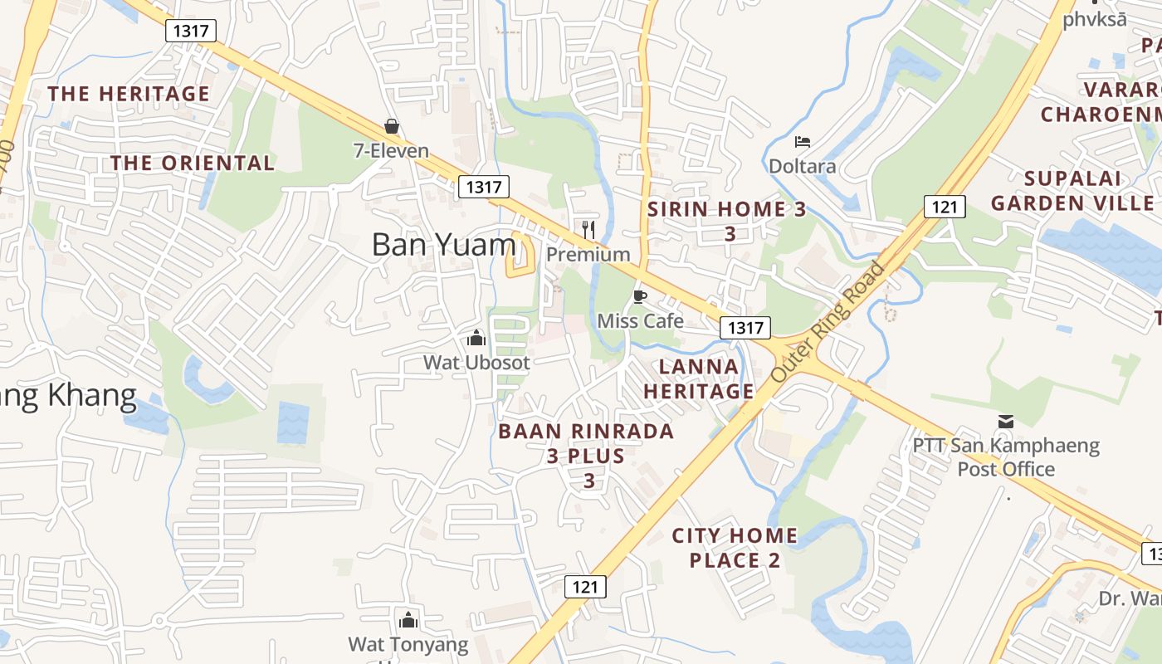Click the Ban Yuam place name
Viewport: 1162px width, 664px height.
[x=443, y=245]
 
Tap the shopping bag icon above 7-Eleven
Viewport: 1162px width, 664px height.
[x=392, y=127]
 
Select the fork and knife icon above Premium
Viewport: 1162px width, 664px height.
[x=588, y=229]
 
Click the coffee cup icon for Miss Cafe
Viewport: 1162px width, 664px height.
[x=639, y=296]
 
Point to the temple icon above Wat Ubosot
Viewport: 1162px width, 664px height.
[x=476, y=338]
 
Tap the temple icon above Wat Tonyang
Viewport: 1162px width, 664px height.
[x=408, y=620]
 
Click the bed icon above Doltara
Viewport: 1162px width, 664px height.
[x=802, y=143]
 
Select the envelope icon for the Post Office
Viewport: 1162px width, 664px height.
[x=1006, y=422]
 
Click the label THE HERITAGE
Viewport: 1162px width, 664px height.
[x=129, y=94]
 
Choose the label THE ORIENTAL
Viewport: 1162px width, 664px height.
[x=193, y=163]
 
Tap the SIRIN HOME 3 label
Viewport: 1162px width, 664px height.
[x=727, y=209]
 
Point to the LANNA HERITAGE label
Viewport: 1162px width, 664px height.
[x=699, y=378]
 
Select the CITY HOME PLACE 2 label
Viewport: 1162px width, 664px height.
[x=735, y=548]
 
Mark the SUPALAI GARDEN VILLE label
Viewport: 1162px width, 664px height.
[x=1072, y=191]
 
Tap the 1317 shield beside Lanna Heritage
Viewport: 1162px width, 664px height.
[x=745, y=328]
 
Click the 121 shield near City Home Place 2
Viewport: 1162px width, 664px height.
[x=585, y=587]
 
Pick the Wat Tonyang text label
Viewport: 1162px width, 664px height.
[x=408, y=644]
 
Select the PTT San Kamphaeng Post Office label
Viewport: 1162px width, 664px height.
[x=1006, y=457]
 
